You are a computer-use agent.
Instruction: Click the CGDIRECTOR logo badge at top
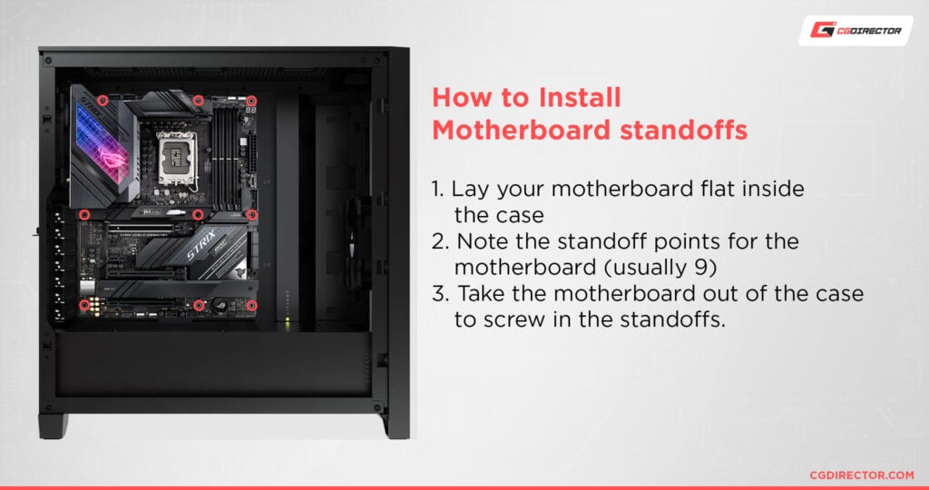tap(856, 31)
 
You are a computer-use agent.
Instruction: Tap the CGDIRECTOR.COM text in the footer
tap(861, 475)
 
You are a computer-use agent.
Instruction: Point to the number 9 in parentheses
tap(712, 269)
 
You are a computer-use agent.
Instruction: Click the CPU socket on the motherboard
tap(177, 153)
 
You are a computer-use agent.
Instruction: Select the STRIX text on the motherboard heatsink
tap(204, 250)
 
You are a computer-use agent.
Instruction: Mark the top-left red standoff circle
tap(103, 100)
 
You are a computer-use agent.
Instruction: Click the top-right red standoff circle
tap(252, 100)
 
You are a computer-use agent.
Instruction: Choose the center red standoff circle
tap(198, 215)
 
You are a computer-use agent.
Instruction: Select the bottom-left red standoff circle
tap(84, 306)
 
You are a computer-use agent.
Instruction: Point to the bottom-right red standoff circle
tap(252, 306)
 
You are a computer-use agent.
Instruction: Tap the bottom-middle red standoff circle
tap(198, 306)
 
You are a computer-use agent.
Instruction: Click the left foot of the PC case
tap(53, 426)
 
